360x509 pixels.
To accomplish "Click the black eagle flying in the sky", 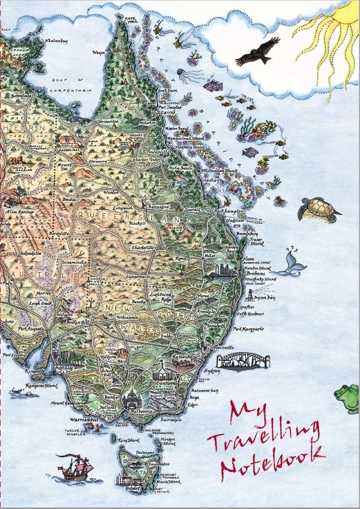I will (258, 52).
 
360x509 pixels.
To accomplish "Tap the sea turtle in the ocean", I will (318, 209).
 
